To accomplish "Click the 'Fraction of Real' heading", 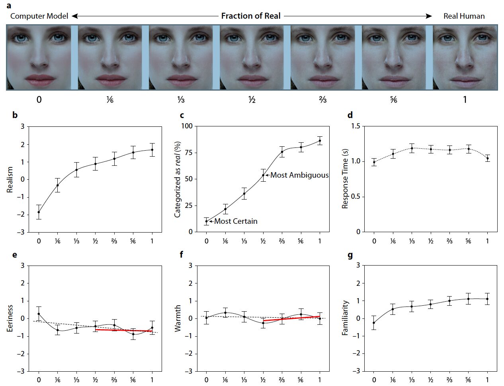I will [251, 16].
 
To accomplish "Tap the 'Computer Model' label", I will [39, 16].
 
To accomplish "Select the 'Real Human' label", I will [464, 16].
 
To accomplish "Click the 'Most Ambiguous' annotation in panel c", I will [299, 175].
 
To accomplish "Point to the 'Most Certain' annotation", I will [236, 221].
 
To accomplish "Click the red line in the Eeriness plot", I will [123, 330].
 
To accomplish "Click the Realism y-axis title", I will [10, 180].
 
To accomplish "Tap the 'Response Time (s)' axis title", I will [345, 179].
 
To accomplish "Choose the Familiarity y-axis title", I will [345, 318].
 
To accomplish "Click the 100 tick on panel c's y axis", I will [187, 126].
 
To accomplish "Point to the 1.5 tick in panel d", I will [356, 126].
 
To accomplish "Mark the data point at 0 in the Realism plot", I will [39, 212].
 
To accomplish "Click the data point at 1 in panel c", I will [320, 141].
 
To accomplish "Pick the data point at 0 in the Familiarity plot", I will [374, 323].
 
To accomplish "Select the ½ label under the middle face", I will [252, 99].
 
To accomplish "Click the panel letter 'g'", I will [350, 255].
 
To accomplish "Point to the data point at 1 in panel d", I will [487, 158].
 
